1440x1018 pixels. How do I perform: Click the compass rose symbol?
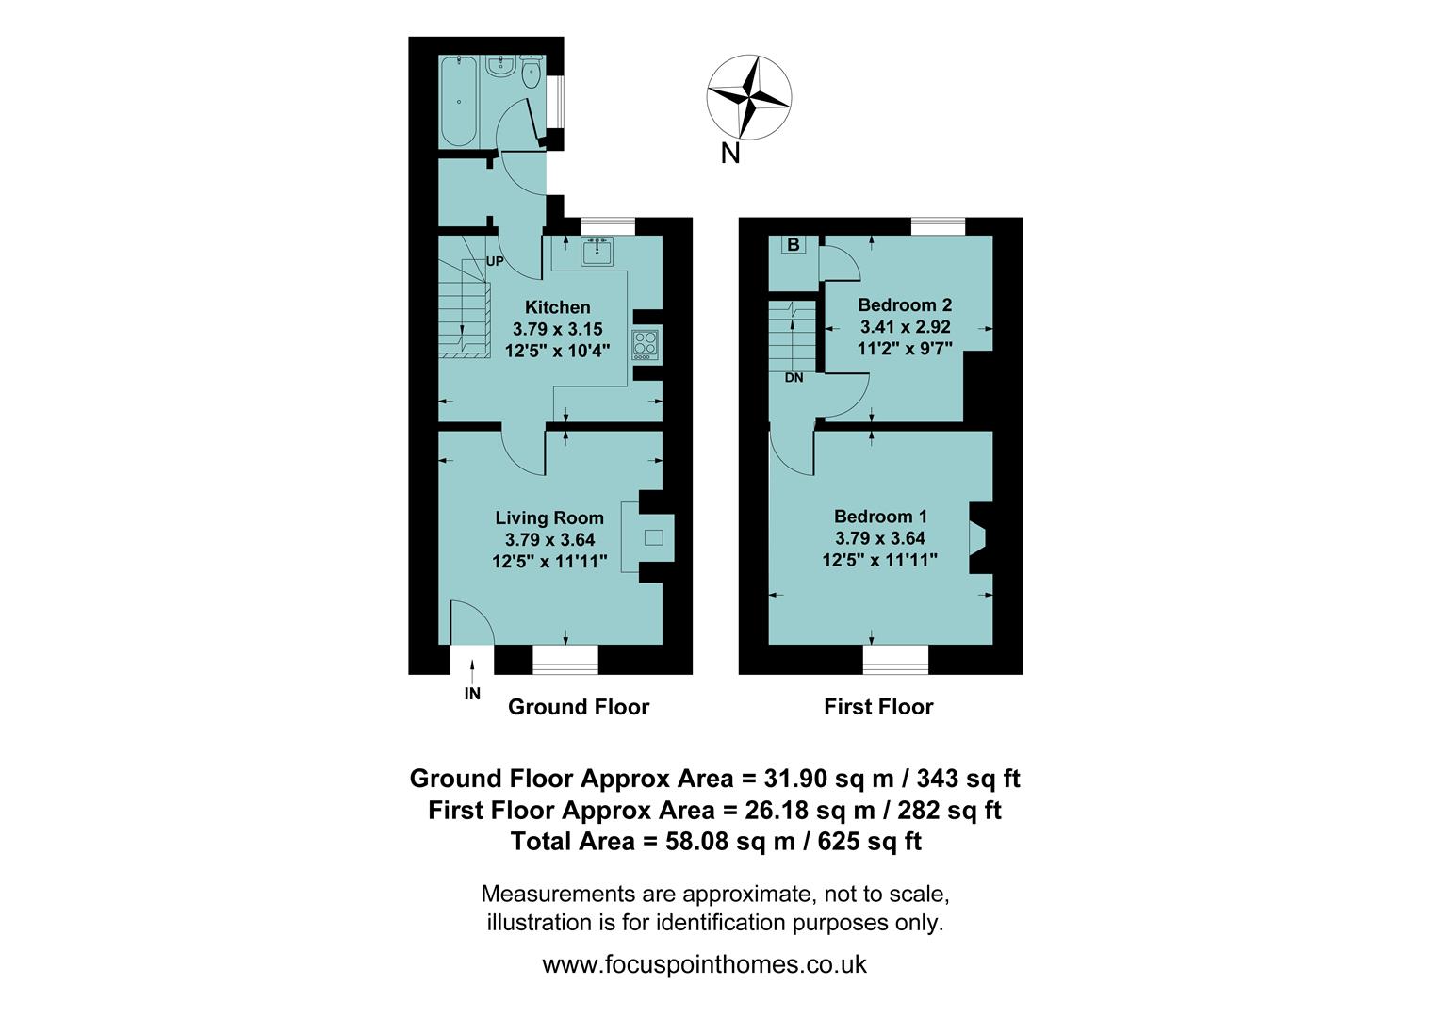coord(749,96)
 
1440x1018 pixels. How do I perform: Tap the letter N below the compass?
coord(729,154)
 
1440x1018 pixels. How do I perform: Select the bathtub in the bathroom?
coord(459,101)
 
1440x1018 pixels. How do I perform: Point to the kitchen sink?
coord(597,252)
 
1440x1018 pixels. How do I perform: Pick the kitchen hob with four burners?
coord(646,343)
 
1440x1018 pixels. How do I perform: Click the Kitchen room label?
coord(557,307)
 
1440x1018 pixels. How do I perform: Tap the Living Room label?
coord(549,517)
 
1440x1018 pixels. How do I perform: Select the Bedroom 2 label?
coord(905,304)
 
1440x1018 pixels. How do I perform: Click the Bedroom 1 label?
coord(880,517)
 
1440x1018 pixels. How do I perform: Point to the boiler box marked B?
coord(794,245)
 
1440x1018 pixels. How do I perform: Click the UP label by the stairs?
coord(495,261)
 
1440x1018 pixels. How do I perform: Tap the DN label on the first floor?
coord(794,378)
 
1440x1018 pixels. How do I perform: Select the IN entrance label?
coord(472,694)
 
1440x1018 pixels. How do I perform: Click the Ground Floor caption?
coord(579,707)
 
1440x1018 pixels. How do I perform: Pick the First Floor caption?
coord(878,707)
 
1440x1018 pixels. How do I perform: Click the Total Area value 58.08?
coord(697,841)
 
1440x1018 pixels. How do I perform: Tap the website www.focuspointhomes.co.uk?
coord(704,964)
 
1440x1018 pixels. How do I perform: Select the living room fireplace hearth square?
coord(653,538)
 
